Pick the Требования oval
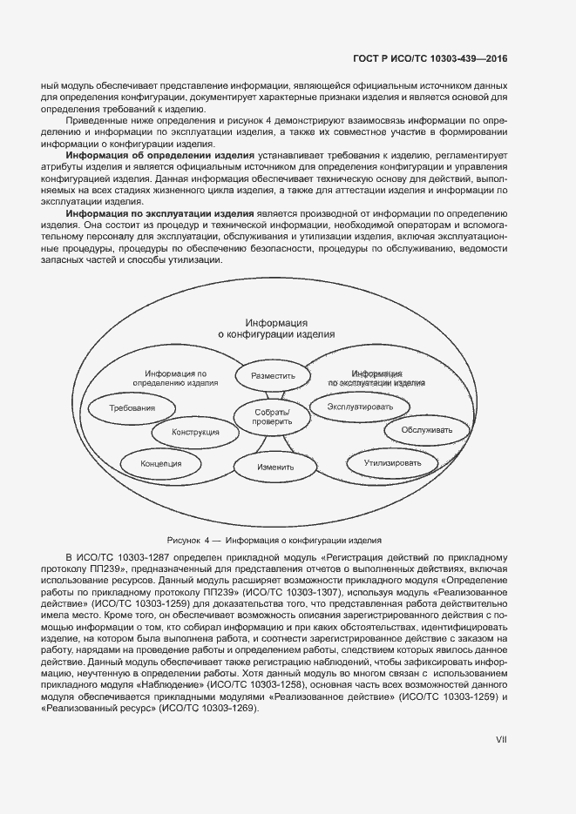(x=132, y=407)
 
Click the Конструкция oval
(x=195, y=432)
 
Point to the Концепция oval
(x=161, y=463)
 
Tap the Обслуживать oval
(x=427, y=429)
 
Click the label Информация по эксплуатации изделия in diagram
(x=376, y=377)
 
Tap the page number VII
(x=501, y=739)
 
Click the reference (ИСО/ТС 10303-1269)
(x=207, y=709)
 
